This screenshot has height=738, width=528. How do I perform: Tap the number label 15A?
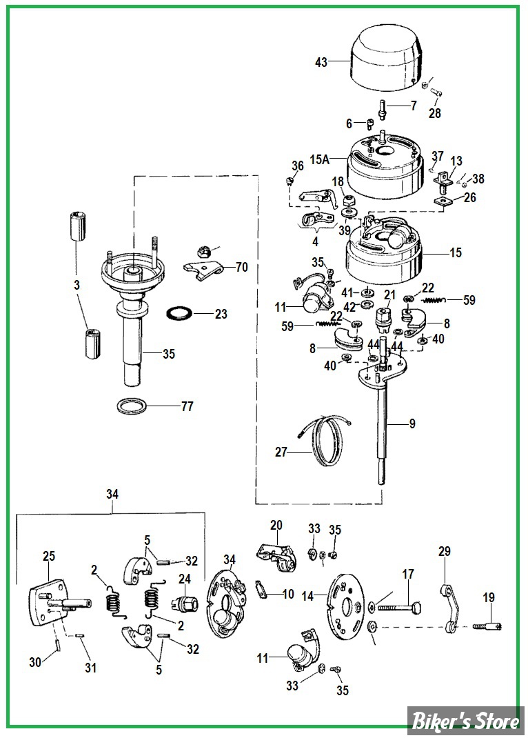click(319, 159)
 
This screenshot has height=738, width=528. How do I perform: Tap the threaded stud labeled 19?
click(487, 626)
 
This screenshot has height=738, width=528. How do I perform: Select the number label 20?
click(276, 525)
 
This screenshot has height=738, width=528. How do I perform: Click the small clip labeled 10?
click(261, 589)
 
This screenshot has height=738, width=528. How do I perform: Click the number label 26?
click(469, 197)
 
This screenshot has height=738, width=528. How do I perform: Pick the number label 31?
click(90, 668)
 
